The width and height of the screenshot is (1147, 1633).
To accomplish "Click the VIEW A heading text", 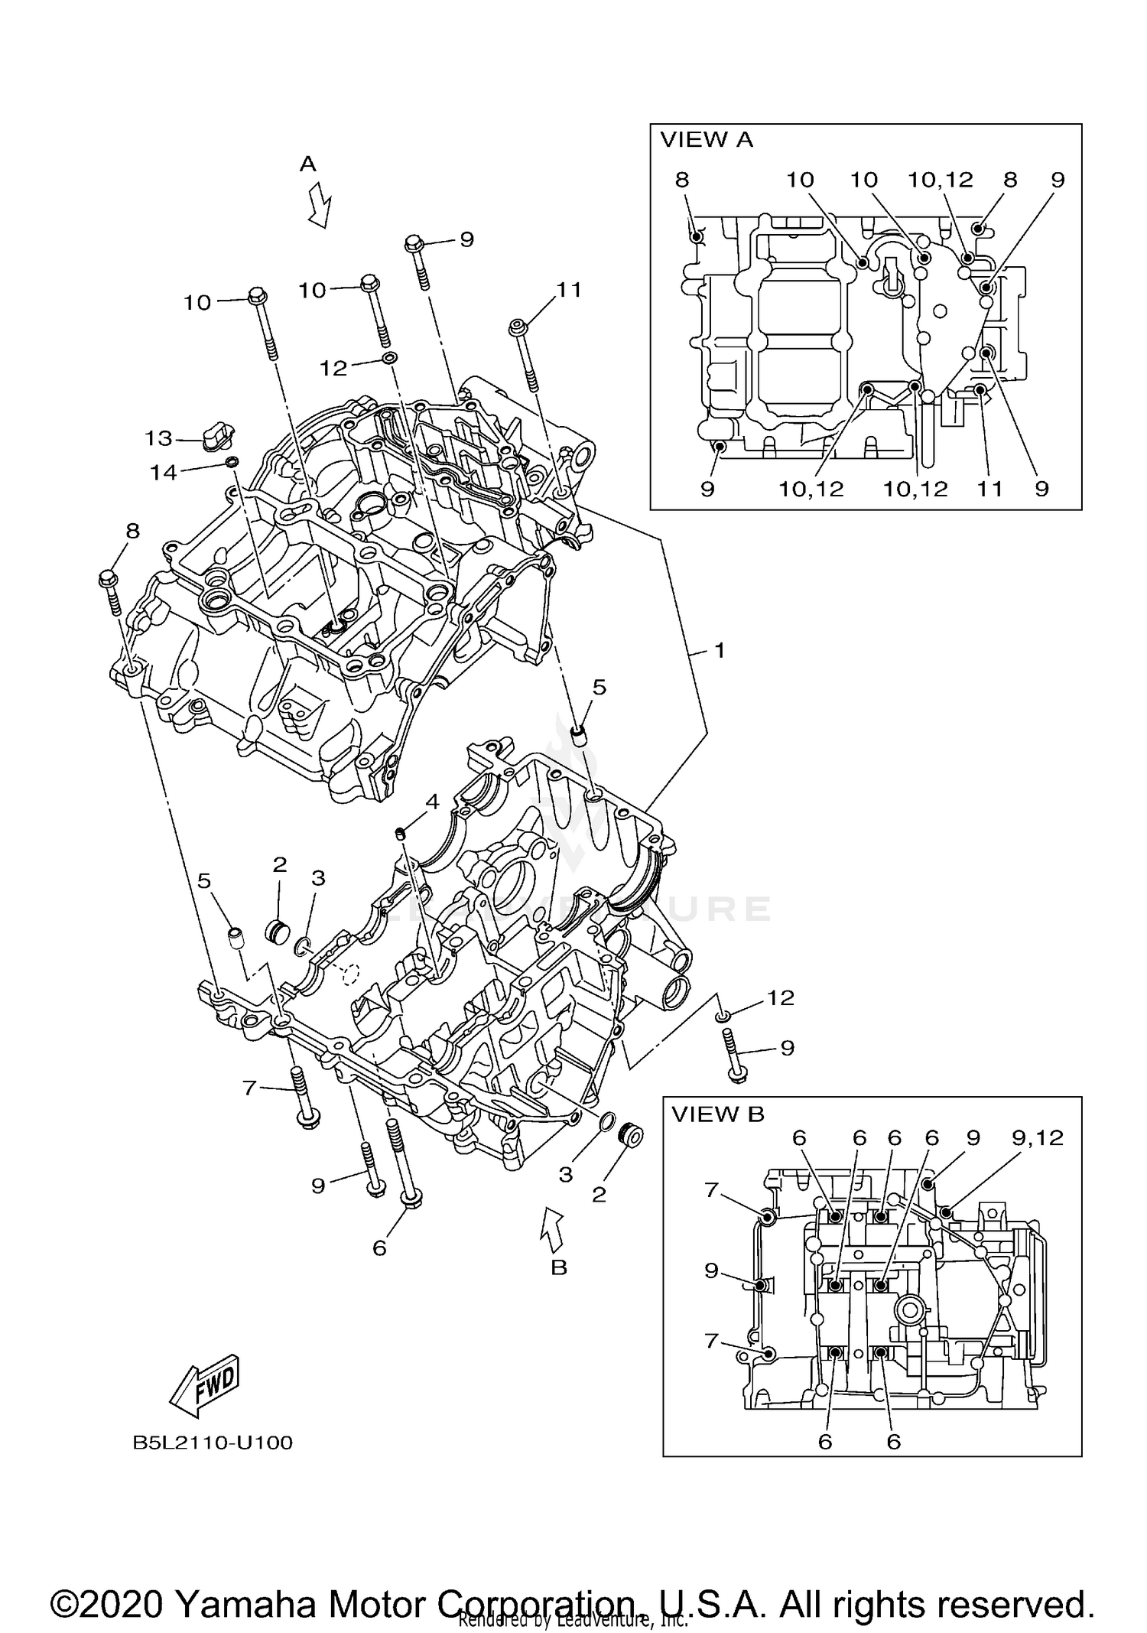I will pos(706,140).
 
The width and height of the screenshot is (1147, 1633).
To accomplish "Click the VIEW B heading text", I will pos(717,1114).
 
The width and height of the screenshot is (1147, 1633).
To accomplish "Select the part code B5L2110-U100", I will pos(213,1443).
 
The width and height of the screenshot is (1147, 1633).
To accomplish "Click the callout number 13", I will pos(158,438).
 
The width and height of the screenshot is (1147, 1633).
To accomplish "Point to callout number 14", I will pos(163,473).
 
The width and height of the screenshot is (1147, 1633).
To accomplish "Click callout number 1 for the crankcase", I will pos(719,650).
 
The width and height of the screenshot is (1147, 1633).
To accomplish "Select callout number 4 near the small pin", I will pos(432,802).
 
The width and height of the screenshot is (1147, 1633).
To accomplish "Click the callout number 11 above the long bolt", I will pos(569,290).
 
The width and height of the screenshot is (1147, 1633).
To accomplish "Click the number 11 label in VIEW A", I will pos(989,489).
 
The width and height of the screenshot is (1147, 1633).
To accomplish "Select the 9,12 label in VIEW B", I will pos(1038,1138).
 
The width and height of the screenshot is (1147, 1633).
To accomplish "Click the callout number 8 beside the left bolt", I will pos(132,531).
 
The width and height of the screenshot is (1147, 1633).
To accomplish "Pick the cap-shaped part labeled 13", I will pos(218,434).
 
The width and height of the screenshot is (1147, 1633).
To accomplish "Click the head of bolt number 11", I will pos(518,328).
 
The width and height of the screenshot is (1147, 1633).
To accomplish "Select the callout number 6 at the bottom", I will pos(379,1248).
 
